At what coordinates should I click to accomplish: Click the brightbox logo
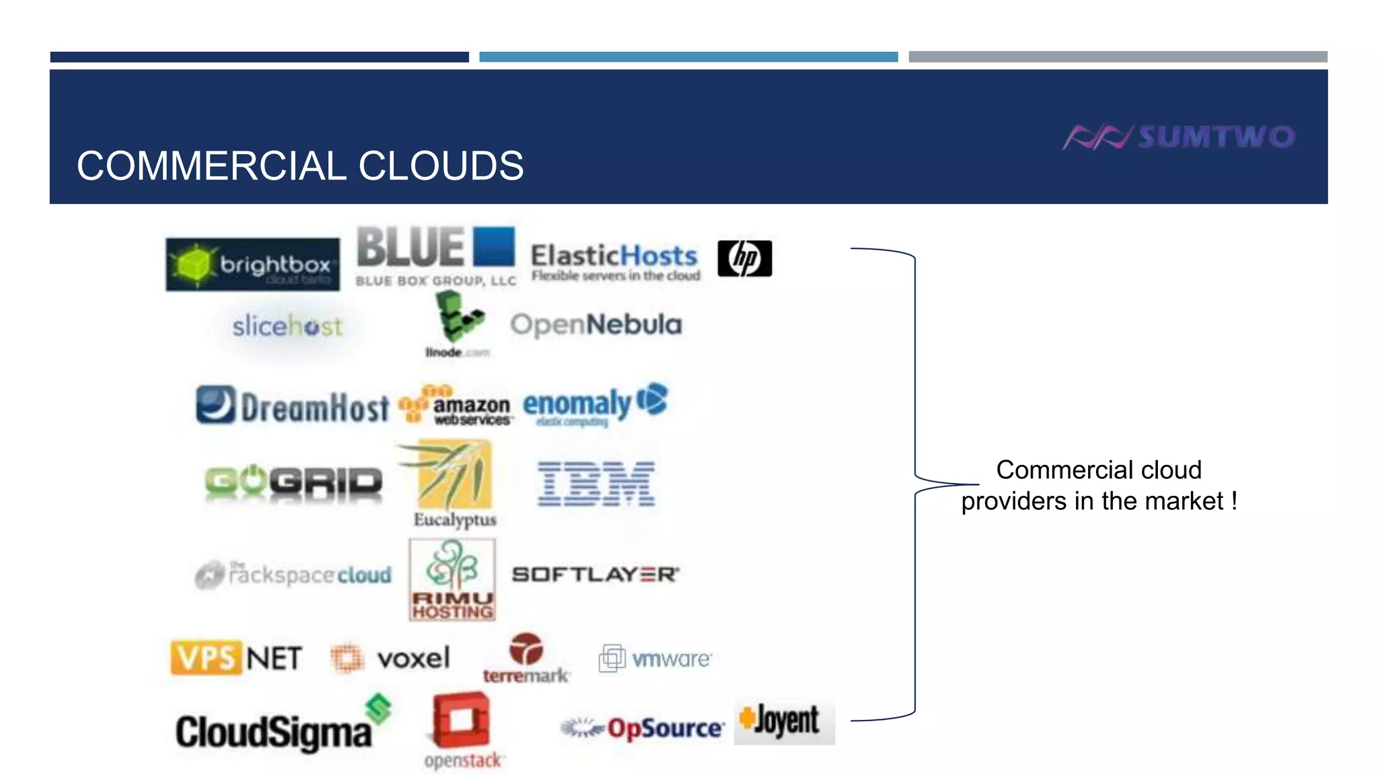[252, 264]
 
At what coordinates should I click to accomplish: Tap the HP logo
[744, 258]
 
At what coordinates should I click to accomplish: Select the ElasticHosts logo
[615, 262]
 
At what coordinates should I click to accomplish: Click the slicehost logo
[287, 327]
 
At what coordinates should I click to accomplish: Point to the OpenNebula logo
[596, 324]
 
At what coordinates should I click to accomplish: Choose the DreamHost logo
[293, 406]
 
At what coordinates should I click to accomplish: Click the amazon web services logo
[456, 406]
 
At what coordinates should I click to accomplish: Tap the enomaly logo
[595, 404]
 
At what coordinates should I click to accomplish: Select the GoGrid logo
[293, 482]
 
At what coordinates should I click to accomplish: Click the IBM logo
[596, 483]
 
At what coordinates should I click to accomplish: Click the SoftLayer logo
[595, 575]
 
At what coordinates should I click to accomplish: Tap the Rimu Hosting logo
[452, 579]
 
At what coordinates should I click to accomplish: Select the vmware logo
[655, 658]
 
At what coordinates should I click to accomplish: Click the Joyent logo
[784, 721]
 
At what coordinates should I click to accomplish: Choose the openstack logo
[462, 731]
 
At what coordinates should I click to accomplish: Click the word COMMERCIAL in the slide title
[211, 166]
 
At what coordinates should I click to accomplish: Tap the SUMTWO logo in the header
[1179, 137]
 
